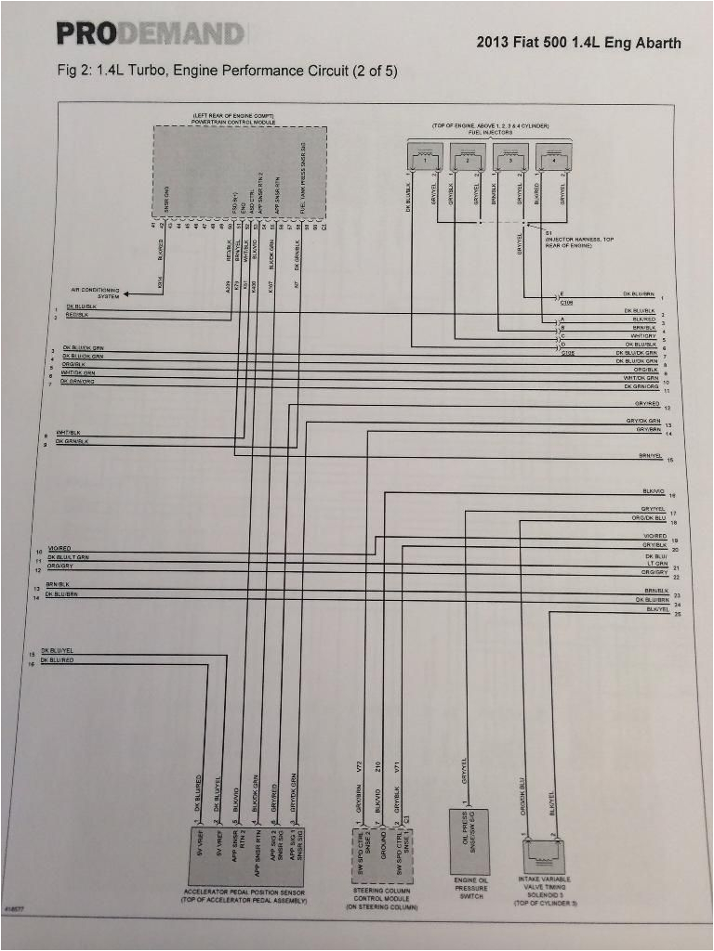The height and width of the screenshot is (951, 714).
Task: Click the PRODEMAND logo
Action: point(150,34)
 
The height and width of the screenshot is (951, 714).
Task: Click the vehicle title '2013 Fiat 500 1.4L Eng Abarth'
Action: point(578,43)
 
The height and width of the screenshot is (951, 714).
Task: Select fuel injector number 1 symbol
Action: point(427,158)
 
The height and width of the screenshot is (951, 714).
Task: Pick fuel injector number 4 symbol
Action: point(555,158)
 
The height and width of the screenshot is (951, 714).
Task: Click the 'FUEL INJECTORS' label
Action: point(490,132)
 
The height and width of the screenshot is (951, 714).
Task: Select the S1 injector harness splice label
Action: point(576,239)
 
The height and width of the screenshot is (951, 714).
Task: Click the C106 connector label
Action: point(567,302)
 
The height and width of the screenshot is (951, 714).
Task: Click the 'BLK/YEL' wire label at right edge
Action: point(657,609)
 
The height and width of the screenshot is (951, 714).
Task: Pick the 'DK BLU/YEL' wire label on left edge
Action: point(58,650)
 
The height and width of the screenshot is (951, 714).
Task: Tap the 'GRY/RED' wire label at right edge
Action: point(647,404)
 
